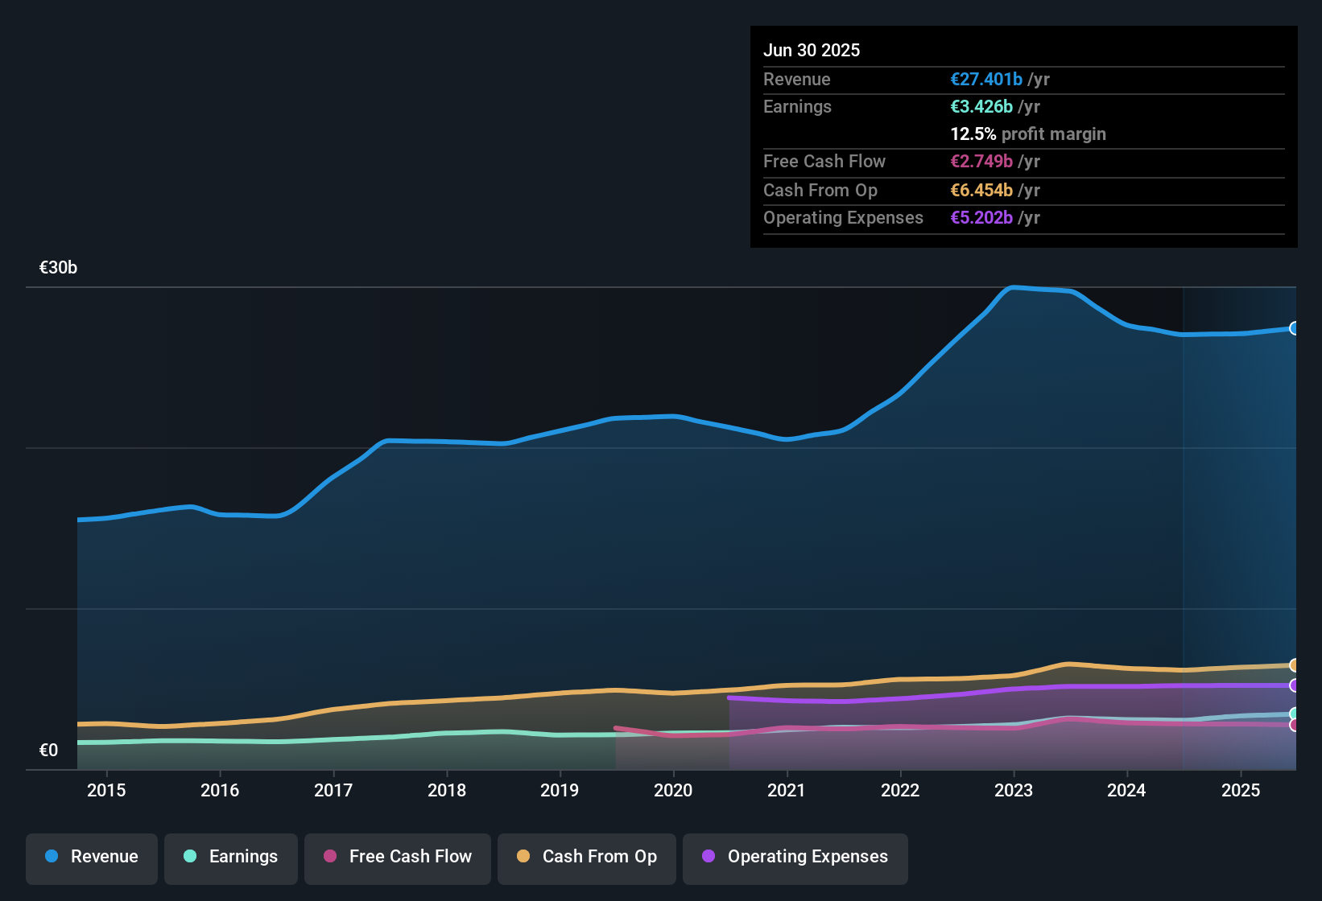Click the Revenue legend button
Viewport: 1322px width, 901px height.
tap(92, 857)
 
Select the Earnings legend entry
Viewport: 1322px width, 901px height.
tap(231, 857)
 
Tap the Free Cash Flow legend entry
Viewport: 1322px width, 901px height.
tap(398, 857)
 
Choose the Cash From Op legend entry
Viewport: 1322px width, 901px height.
tap(587, 857)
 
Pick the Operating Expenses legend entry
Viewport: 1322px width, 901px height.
tap(795, 857)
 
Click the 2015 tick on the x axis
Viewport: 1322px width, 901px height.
tap(106, 790)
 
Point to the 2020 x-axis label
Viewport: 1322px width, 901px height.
tap(673, 790)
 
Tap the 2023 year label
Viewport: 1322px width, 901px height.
tap(1014, 790)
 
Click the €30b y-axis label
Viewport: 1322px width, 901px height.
tap(58, 268)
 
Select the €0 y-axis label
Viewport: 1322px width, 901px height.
tap(49, 751)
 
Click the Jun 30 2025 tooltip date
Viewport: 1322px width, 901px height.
tap(812, 51)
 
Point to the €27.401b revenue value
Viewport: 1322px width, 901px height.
tap(986, 80)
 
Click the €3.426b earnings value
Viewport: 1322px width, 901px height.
tap(981, 107)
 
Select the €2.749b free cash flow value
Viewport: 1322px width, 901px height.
tap(981, 162)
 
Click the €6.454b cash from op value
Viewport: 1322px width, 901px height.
tap(981, 191)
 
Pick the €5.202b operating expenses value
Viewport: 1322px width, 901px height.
tap(981, 218)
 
